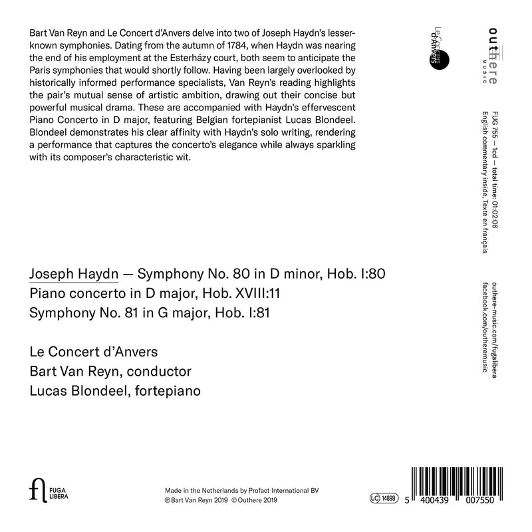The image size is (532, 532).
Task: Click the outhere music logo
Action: [495, 53]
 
